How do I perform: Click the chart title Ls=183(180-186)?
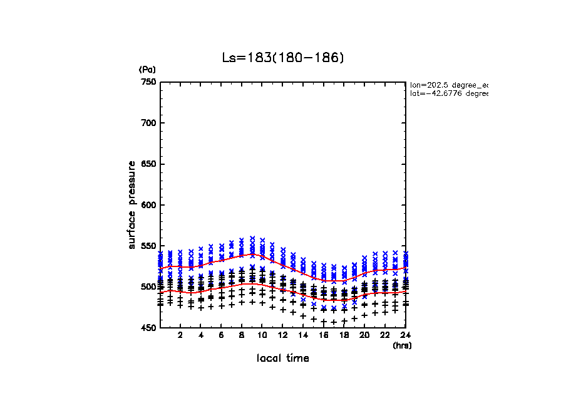click(x=283, y=58)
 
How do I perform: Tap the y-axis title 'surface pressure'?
click(x=132, y=204)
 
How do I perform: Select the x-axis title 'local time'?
click(x=283, y=358)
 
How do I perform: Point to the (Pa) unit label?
click(x=147, y=70)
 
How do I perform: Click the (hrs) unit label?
click(x=402, y=345)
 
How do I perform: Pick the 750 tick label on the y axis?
click(x=148, y=82)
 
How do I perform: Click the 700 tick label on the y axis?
click(x=148, y=123)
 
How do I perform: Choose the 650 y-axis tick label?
click(x=148, y=164)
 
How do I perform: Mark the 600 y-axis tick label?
click(x=148, y=205)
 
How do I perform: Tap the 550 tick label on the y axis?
click(x=148, y=246)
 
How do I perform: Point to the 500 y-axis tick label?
click(x=148, y=287)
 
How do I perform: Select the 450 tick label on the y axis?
click(x=148, y=328)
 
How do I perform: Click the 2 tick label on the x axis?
click(x=180, y=336)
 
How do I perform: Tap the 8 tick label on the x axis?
click(x=242, y=336)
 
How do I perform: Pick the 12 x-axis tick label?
click(x=282, y=336)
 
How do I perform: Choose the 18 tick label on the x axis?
click(x=344, y=336)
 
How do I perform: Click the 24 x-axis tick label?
click(x=406, y=336)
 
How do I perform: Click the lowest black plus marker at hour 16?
click(x=324, y=322)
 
